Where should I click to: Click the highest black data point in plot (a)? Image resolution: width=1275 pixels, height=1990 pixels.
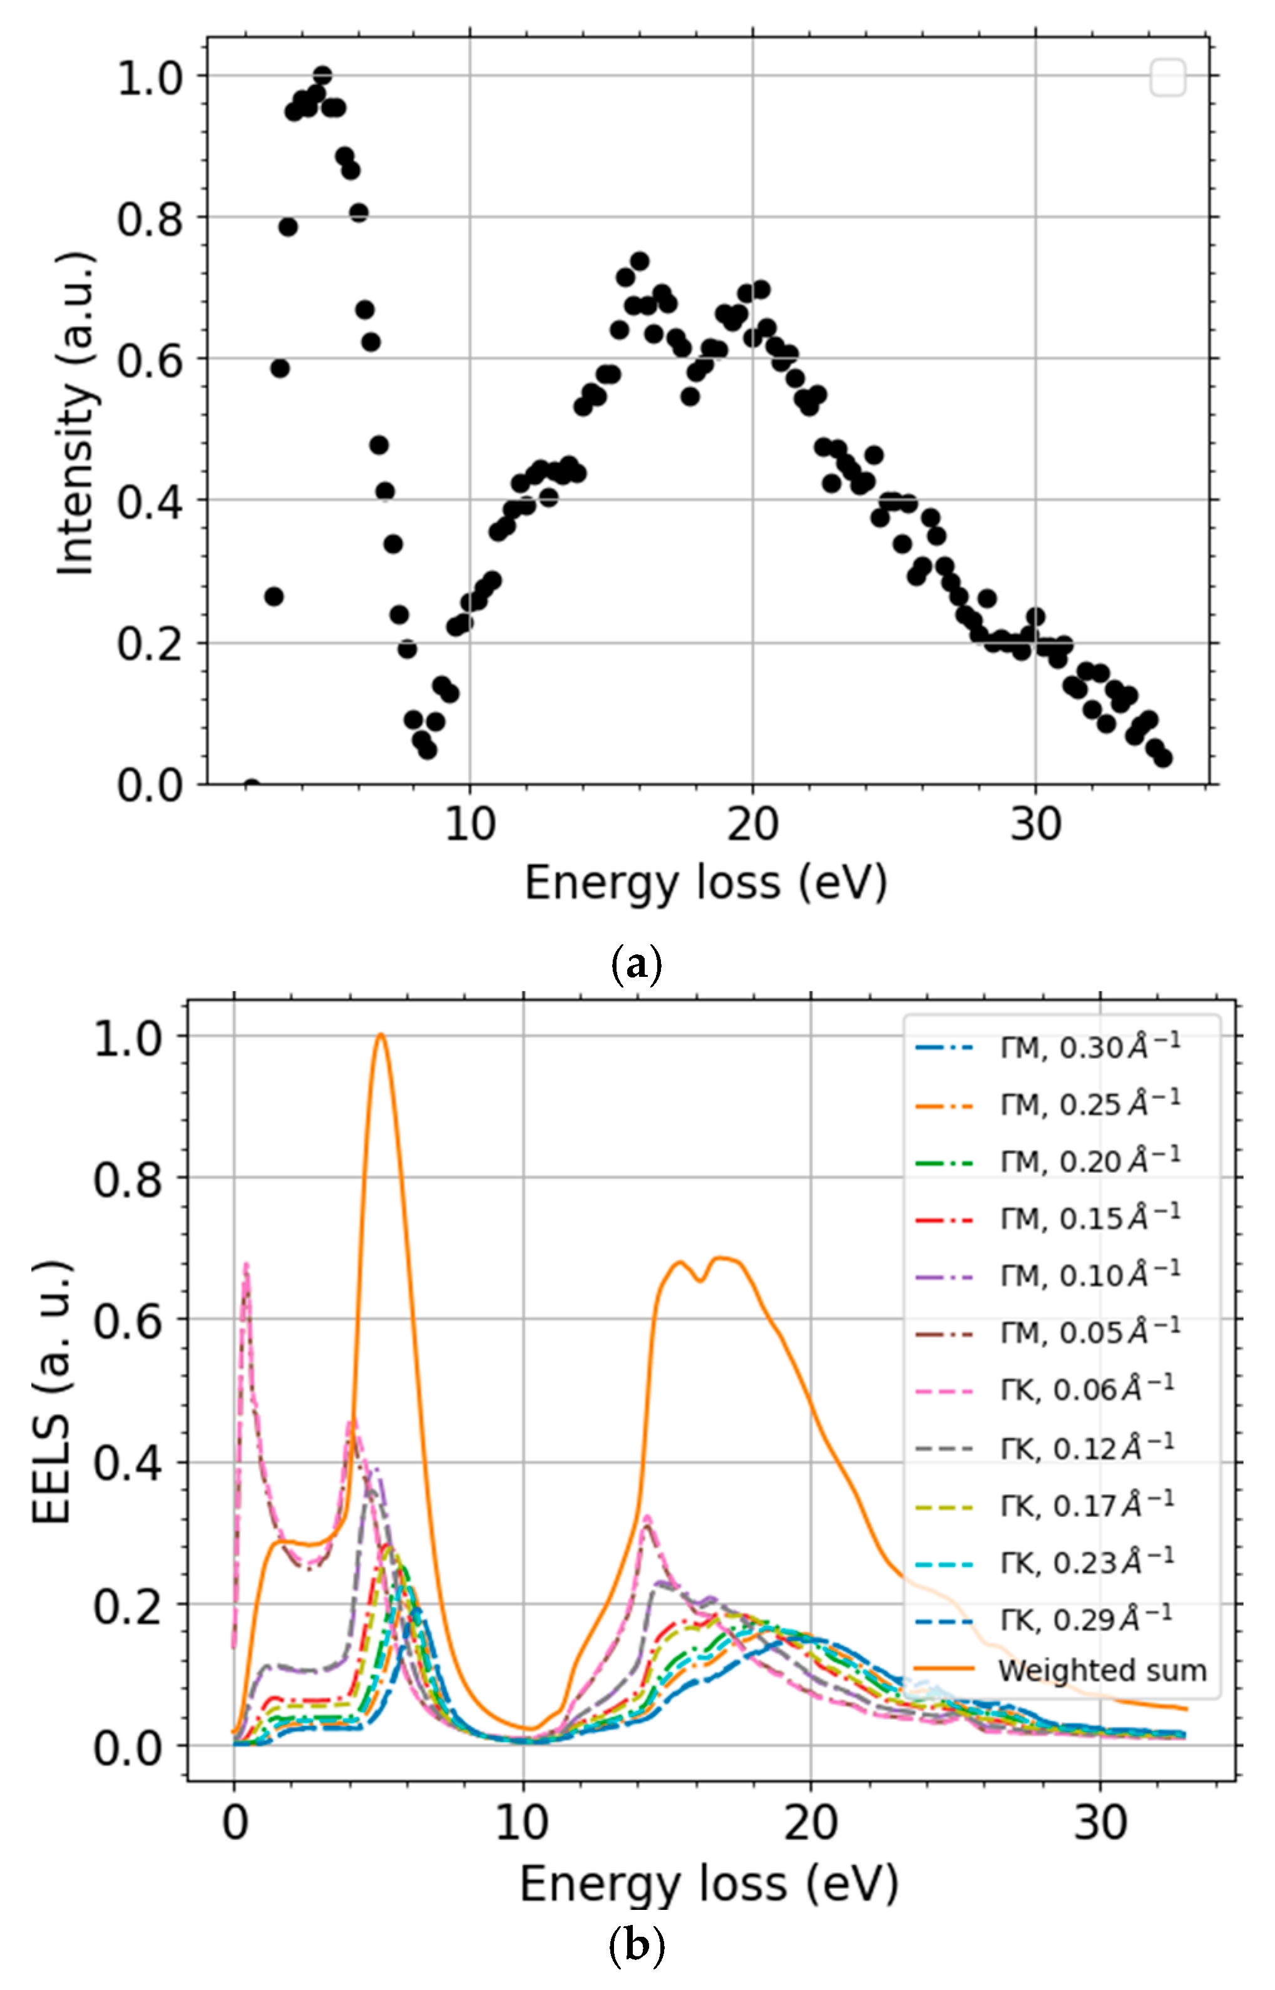click(x=323, y=75)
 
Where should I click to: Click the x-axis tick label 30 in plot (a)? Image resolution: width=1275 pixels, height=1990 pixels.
click(x=1035, y=825)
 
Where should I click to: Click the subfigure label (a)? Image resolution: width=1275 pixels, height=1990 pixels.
click(x=636, y=965)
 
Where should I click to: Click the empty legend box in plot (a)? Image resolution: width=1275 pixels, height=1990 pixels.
click(x=1168, y=78)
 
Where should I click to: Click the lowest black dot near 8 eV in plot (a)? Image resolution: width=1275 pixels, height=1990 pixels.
click(x=428, y=749)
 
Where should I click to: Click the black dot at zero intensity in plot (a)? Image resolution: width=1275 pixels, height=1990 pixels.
click(x=252, y=785)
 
